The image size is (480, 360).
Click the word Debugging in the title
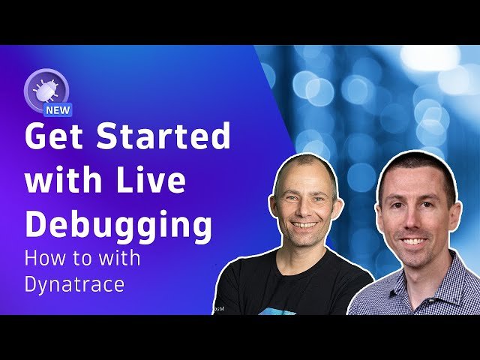pyautogui.click(x=118, y=224)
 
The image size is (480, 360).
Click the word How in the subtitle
pyautogui.click(x=44, y=259)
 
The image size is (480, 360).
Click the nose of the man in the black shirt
pyautogui.click(x=305, y=209)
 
